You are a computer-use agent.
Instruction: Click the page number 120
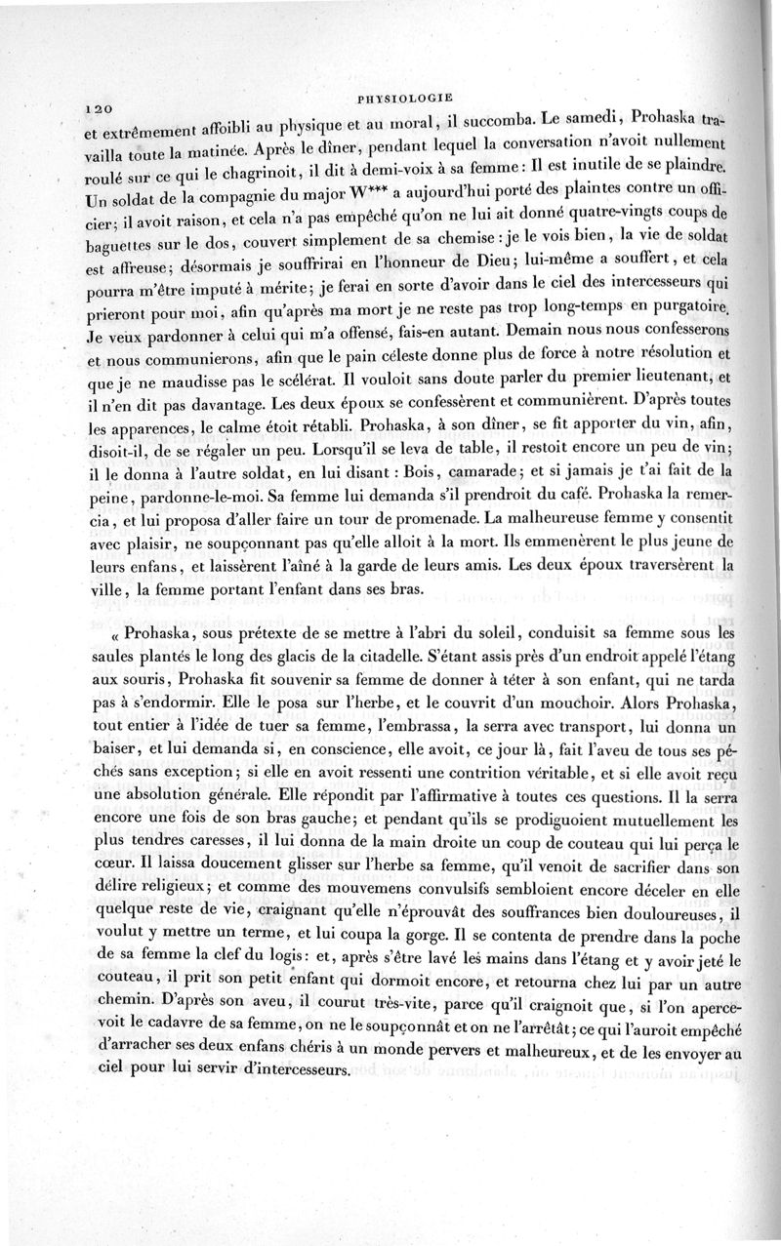[x=101, y=108]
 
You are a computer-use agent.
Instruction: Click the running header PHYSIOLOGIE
[x=403, y=97]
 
